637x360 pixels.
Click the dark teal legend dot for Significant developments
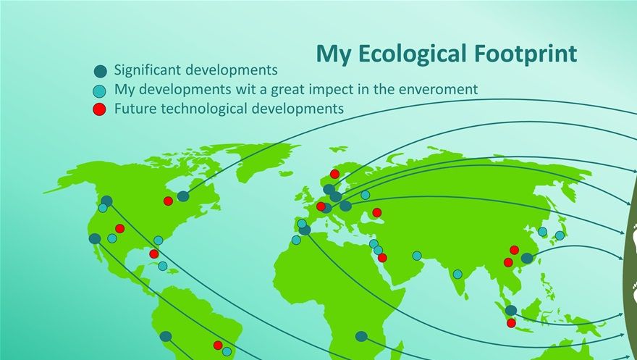[x=100, y=72]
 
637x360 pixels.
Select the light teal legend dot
[x=99, y=91]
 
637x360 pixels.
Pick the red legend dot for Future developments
[x=99, y=109]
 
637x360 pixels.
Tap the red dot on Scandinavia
[x=334, y=174]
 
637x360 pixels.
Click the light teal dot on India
[x=457, y=275]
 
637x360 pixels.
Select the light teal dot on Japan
[x=560, y=235]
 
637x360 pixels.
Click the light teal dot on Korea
[x=542, y=232]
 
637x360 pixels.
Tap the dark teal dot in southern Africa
[x=361, y=336]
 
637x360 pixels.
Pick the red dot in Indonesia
[x=511, y=323]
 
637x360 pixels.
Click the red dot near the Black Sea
[x=376, y=212]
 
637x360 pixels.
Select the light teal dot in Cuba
[x=162, y=266]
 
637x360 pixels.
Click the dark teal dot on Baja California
[x=95, y=238]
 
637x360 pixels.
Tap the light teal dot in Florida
[x=158, y=240]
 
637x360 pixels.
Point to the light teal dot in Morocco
[x=296, y=240]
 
